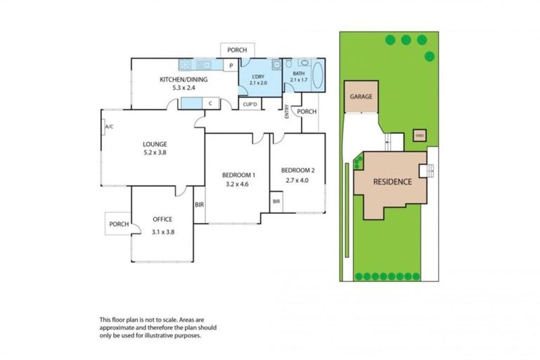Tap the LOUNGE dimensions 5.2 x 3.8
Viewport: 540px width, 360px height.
tap(154, 153)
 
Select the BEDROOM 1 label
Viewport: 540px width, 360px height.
tap(238, 174)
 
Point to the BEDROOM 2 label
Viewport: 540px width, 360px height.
tap(297, 170)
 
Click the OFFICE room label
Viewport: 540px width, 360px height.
tap(162, 219)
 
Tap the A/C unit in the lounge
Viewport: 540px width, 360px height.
tap(109, 127)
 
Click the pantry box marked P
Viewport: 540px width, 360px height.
tap(229, 66)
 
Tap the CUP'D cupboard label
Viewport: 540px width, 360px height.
tap(250, 104)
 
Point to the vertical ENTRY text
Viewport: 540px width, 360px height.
tap(287, 112)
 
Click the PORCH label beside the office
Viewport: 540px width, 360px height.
tap(118, 224)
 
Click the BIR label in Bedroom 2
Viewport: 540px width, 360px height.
tap(276, 202)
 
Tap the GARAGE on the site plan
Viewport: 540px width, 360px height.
tap(360, 98)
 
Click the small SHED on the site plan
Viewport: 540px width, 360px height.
tap(419, 136)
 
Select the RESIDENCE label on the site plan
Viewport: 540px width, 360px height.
tap(392, 181)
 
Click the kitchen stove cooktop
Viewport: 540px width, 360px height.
tap(186, 65)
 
